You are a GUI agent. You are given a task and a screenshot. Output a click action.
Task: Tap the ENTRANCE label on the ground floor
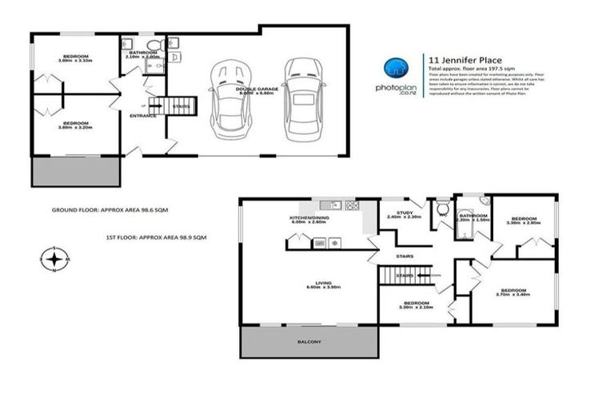pyautogui.click(x=142, y=116)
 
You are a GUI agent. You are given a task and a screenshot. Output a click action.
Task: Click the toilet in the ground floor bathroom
pyautogui.click(x=161, y=46)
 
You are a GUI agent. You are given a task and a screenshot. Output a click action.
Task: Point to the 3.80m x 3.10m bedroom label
pyautogui.click(x=76, y=58)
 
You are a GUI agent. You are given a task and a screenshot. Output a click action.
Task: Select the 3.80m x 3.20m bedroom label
pyautogui.click(x=76, y=125)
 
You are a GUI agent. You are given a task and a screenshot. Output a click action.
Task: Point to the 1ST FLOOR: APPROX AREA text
pyautogui.click(x=157, y=237)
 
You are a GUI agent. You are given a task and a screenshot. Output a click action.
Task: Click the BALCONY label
pyautogui.click(x=309, y=342)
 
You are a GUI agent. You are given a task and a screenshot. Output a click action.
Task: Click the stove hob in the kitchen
pyautogui.click(x=352, y=205)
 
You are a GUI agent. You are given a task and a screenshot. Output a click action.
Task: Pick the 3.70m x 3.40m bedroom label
pyautogui.click(x=512, y=292)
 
